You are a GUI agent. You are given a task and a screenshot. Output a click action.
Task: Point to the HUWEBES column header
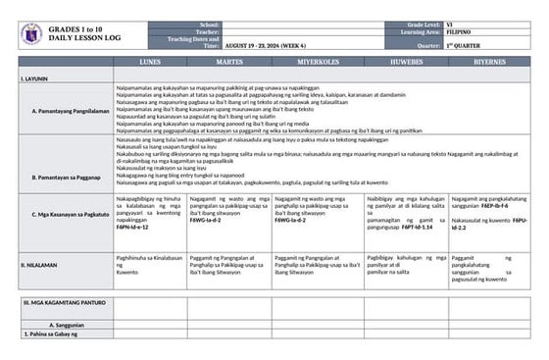(x=407, y=61)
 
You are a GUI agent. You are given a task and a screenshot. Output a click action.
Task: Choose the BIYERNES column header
(x=489, y=61)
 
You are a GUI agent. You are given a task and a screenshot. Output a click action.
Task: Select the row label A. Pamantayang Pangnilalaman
(x=70, y=111)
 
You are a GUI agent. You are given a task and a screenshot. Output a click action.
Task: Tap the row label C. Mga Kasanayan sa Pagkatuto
(x=70, y=213)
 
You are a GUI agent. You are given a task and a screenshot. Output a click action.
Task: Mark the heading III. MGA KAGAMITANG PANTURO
(x=65, y=304)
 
